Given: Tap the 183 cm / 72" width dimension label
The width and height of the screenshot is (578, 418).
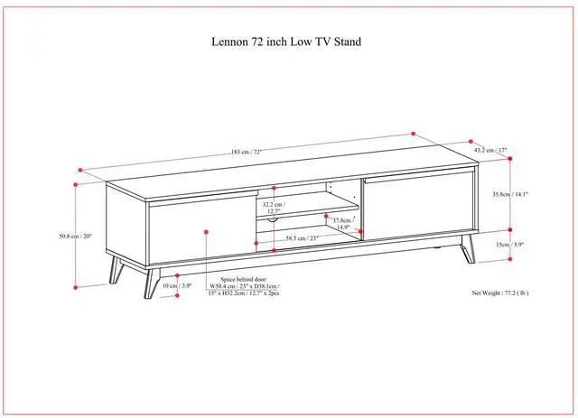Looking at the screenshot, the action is (246, 151).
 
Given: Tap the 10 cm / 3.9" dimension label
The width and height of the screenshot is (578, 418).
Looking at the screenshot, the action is (176, 286).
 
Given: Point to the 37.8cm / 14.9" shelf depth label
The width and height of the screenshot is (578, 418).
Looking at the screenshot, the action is (342, 223).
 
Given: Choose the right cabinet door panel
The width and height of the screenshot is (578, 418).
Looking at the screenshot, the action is (419, 208).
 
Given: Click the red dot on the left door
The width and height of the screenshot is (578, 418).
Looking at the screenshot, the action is (208, 232).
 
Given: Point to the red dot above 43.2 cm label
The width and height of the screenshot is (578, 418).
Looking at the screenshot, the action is (470, 141).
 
